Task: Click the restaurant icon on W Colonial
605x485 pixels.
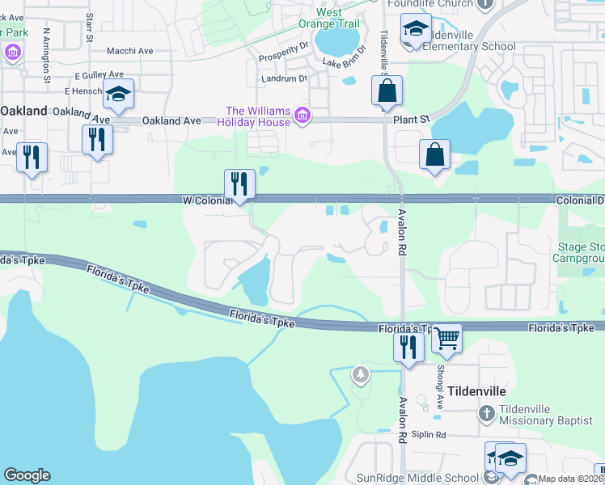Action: point(239,183)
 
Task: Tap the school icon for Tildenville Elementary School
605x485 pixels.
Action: point(416,32)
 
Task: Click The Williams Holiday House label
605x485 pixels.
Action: point(257,116)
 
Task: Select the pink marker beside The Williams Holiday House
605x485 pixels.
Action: point(302,116)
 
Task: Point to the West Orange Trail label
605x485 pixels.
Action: point(339,18)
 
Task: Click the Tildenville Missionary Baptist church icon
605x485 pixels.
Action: point(485,414)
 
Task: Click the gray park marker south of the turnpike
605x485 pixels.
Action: point(360,375)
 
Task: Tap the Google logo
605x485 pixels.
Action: point(27,475)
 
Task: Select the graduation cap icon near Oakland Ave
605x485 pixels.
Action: point(119,95)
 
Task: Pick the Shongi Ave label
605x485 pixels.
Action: point(442,374)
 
